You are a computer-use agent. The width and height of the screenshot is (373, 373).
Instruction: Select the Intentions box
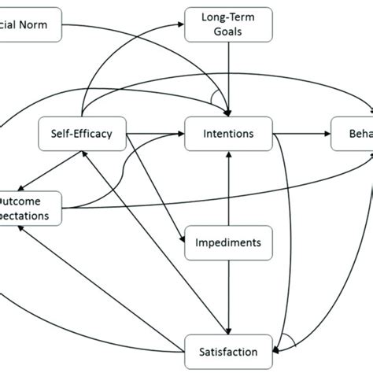tap(228, 134)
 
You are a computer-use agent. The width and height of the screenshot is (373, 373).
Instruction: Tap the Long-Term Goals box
tap(227, 24)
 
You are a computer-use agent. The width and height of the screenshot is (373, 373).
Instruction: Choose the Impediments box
tap(228, 242)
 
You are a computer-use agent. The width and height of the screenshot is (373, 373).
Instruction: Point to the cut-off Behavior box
tap(353, 134)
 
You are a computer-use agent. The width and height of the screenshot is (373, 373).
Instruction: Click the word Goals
tap(227, 31)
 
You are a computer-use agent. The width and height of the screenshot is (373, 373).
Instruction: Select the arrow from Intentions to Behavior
tap(302, 134)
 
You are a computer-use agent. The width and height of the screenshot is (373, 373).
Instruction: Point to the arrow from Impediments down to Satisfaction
tap(228, 295)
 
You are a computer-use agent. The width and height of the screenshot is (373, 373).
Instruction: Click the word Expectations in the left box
tap(28, 215)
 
